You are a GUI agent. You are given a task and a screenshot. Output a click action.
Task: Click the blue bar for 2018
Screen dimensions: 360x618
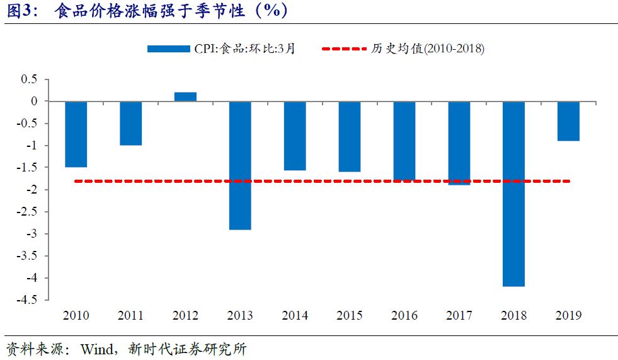[x=513, y=194]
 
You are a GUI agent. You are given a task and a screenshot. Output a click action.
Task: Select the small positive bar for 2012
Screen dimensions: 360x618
[x=185, y=96]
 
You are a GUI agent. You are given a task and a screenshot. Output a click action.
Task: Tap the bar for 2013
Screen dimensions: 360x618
[x=240, y=165]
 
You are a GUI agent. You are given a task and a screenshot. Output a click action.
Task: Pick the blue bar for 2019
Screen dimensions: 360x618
[x=568, y=121]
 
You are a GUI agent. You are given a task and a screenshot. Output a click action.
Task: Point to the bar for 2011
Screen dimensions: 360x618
[x=130, y=123]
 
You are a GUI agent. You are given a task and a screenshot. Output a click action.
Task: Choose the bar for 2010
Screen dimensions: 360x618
[x=76, y=134]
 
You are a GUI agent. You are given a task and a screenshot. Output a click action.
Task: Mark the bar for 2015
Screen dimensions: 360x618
[x=350, y=136]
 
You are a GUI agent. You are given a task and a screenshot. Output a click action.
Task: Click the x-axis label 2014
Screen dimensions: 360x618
[x=295, y=316]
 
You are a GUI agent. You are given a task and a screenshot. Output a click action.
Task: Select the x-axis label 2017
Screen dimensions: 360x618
[x=459, y=316]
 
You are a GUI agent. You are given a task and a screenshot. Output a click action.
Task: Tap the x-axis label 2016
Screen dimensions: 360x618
[x=404, y=316]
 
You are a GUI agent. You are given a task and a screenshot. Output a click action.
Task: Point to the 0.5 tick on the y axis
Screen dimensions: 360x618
[x=30, y=79]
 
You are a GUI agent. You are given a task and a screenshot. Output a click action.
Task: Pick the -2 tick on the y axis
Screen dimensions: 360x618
[x=32, y=190]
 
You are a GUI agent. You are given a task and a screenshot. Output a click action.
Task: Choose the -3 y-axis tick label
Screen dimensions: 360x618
[x=32, y=234]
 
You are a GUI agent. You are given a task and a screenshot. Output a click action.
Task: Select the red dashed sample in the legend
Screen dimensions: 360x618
[x=343, y=49]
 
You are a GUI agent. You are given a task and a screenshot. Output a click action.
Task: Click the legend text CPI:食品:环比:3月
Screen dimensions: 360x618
[x=244, y=49]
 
